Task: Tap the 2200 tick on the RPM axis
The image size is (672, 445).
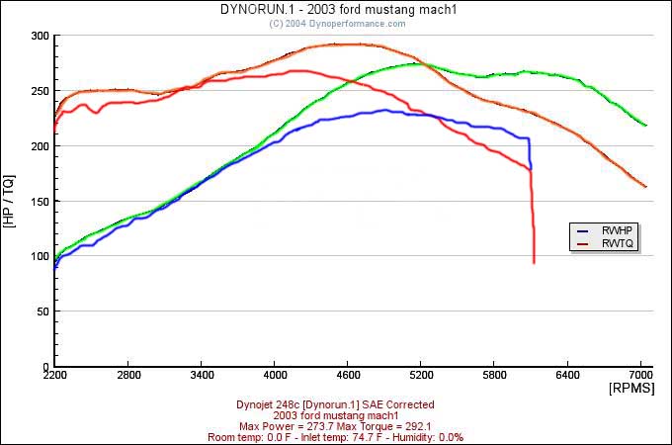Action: point(55,377)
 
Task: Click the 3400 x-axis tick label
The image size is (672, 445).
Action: point(202,377)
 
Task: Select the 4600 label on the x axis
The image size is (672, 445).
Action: point(348,377)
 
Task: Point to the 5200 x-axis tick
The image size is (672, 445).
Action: point(421,377)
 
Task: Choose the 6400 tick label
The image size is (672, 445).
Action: point(567,377)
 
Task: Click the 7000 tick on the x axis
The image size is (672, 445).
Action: point(640,377)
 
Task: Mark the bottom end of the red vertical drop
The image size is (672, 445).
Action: point(534,263)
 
